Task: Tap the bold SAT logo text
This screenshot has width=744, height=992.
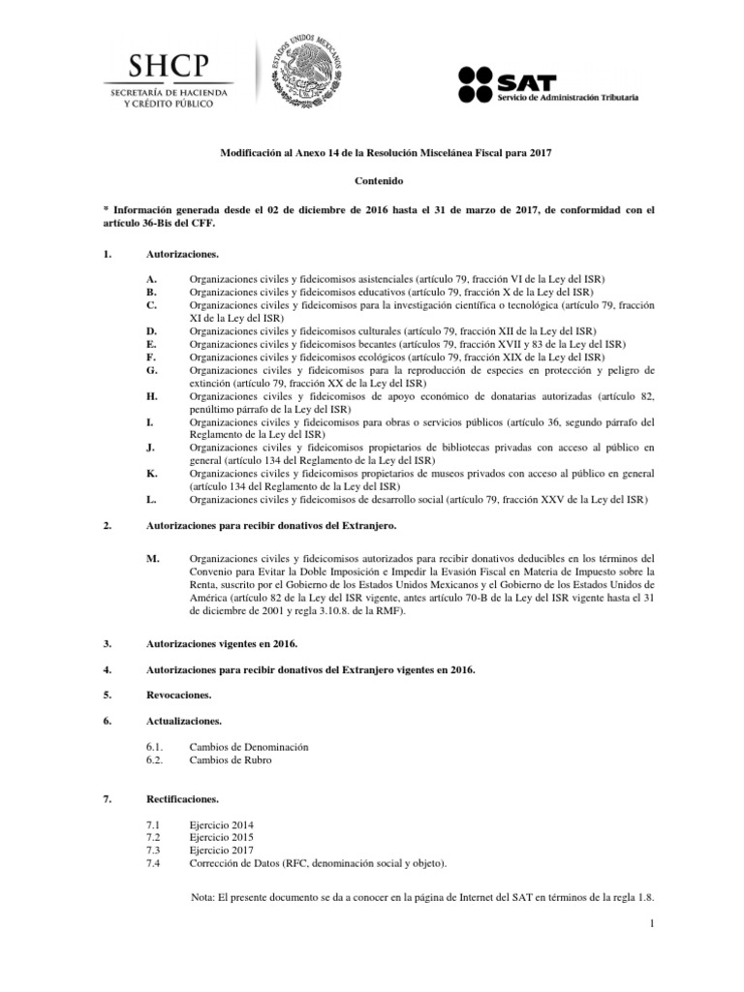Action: pos(527,76)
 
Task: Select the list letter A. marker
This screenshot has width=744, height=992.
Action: pos(150,278)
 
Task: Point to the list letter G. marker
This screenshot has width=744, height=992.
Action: pos(151,370)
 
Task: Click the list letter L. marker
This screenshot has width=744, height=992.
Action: pos(151,499)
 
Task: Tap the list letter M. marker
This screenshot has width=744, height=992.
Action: pos(151,559)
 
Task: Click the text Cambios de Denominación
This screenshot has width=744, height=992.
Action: pos(249,748)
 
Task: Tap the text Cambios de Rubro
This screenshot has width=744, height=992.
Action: pos(231,760)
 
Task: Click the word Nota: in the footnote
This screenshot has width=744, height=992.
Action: pos(205,897)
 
